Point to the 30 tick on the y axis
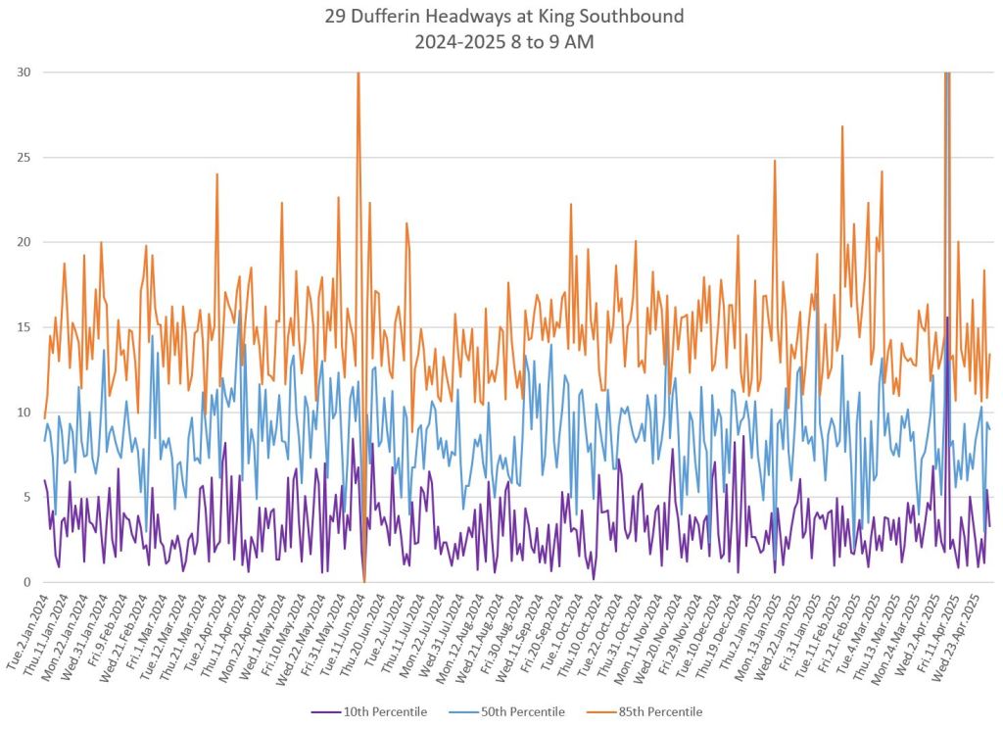click(x=23, y=73)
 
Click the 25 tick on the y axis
click(x=23, y=158)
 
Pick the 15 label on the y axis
click(x=23, y=327)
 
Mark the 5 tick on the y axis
click(x=25, y=498)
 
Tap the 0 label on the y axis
click(x=25, y=582)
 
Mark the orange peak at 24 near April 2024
click(x=217, y=174)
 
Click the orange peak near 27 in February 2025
click(x=841, y=126)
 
